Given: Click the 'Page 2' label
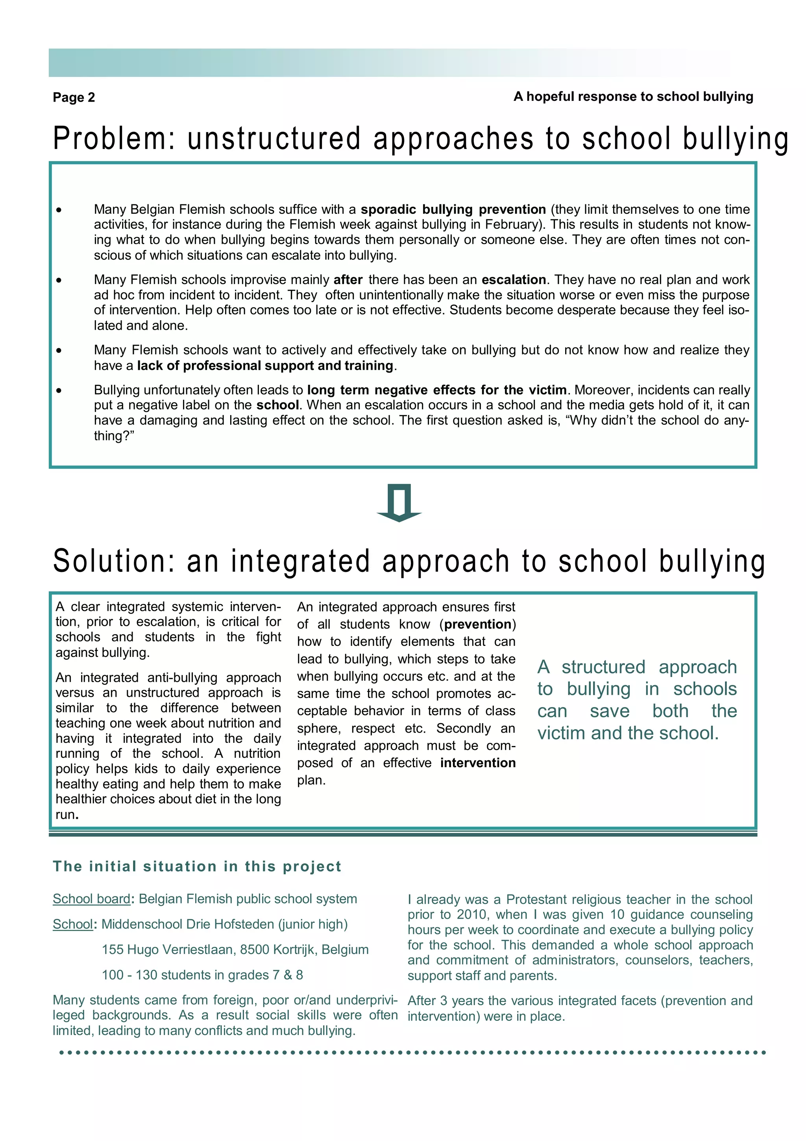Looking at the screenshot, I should (x=74, y=97).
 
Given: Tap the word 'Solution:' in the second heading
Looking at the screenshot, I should (x=114, y=561).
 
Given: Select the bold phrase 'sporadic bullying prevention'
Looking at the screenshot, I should (x=453, y=209).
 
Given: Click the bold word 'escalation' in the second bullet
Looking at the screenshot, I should (x=514, y=280).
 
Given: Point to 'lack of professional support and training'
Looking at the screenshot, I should (x=265, y=366).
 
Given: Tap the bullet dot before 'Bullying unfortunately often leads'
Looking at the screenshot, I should (x=59, y=391).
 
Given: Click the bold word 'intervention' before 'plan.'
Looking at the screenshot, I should (x=477, y=763).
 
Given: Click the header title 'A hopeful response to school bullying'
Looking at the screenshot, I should (x=633, y=96).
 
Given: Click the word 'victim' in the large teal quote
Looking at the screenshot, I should (x=562, y=733).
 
